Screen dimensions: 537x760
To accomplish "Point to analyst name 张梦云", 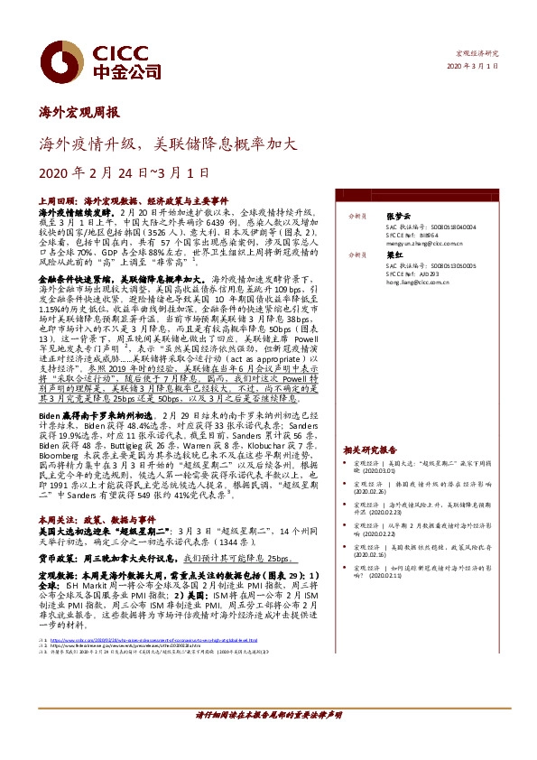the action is tap(397, 217).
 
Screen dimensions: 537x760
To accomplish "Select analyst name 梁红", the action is tap(393, 255).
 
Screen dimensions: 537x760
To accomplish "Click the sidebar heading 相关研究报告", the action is tap(371, 450).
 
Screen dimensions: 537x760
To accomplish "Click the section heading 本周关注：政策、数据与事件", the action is tap(93, 521).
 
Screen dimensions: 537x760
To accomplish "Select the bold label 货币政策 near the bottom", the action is tap(56, 559).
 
